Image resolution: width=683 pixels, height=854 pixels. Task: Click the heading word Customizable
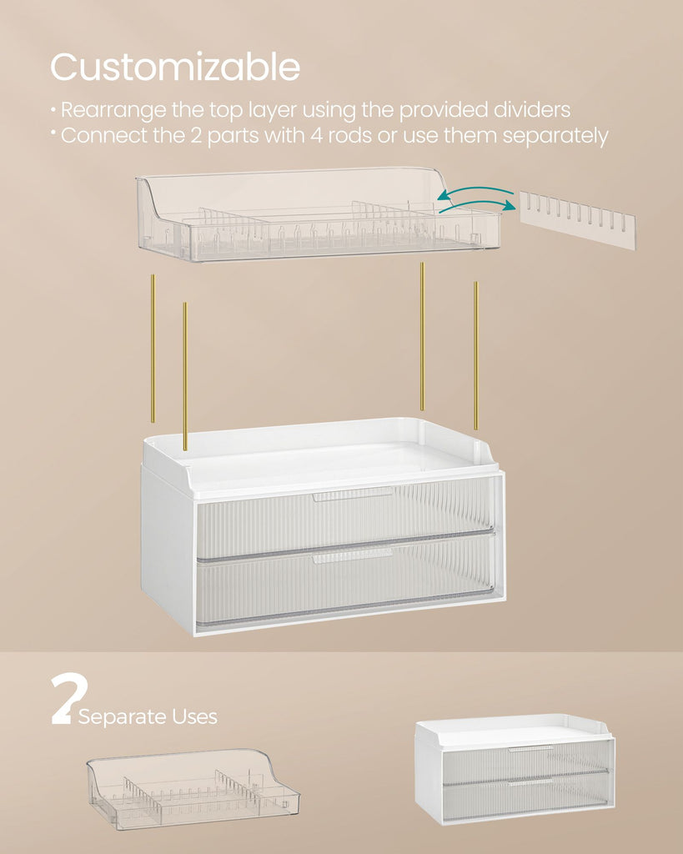pyautogui.click(x=175, y=67)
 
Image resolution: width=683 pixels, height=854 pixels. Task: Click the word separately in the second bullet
pyautogui.click(x=555, y=137)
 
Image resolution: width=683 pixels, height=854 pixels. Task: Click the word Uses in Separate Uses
pyautogui.click(x=194, y=716)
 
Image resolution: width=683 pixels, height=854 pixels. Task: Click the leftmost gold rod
pyautogui.click(x=153, y=349)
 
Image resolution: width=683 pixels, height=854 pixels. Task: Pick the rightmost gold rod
pyautogui.click(x=475, y=355)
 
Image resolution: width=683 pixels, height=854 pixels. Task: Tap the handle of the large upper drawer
pyautogui.click(x=353, y=495)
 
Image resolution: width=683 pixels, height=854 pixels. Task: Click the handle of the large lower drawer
pyautogui.click(x=353, y=556)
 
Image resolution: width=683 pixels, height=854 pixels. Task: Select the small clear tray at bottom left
pyautogui.click(x=193, y=789)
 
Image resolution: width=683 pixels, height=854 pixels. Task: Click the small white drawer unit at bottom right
pyautogui.click(x=515, y=768)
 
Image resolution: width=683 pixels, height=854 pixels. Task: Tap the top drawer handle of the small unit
pyautogui.click(x=531, y=749)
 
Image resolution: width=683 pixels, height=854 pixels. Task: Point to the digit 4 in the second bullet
pyautogui.click(x=316, y=135)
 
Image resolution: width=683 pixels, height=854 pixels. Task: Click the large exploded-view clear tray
pyautogui.click(x=318, y=214)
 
